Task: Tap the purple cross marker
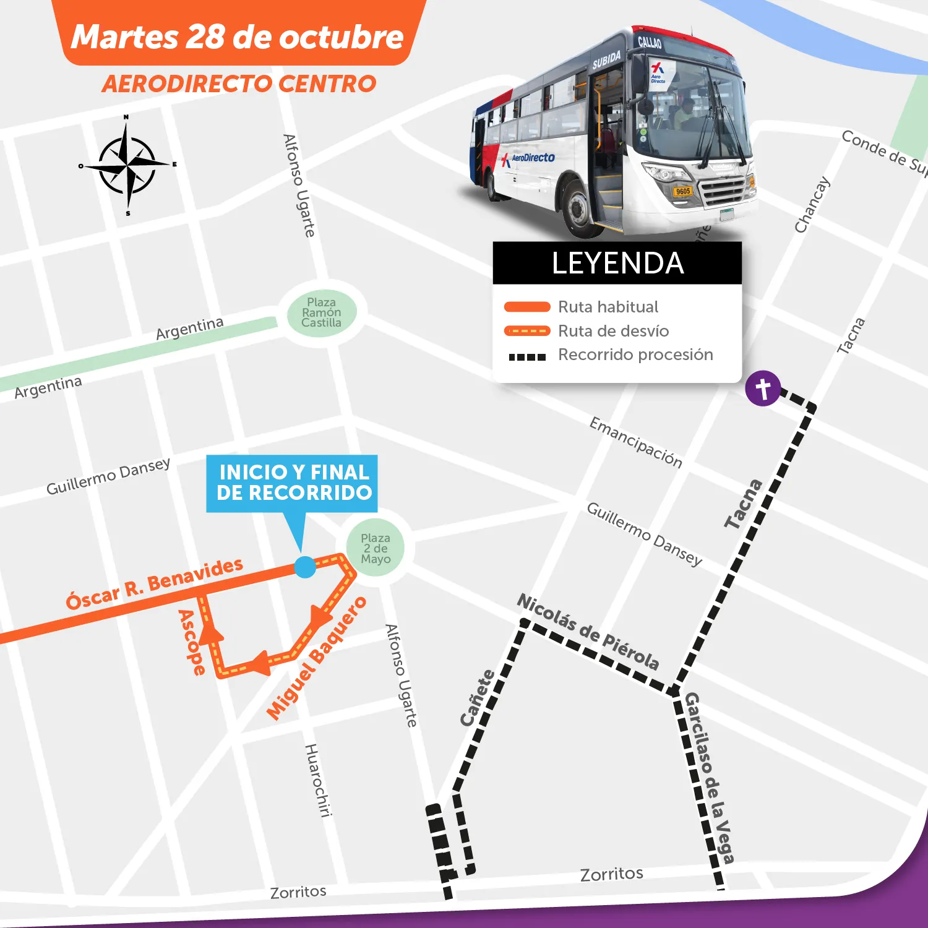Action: pos(762,389)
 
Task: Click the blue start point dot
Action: pos(304,567)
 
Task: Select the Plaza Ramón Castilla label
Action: pos(321,312)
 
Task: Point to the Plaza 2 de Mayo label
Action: pos(376,548)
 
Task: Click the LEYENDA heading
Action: pos(617,263)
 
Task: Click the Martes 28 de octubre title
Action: pos(238,37)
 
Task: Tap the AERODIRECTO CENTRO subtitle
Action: pos(239,84)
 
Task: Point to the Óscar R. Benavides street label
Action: pos(155,583)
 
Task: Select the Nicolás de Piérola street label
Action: pos(588,631)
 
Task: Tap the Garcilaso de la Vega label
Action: pos(710,777)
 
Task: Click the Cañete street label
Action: pos(478,697)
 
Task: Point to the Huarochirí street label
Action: pos(318,780)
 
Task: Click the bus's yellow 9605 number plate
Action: pos(683,191)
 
